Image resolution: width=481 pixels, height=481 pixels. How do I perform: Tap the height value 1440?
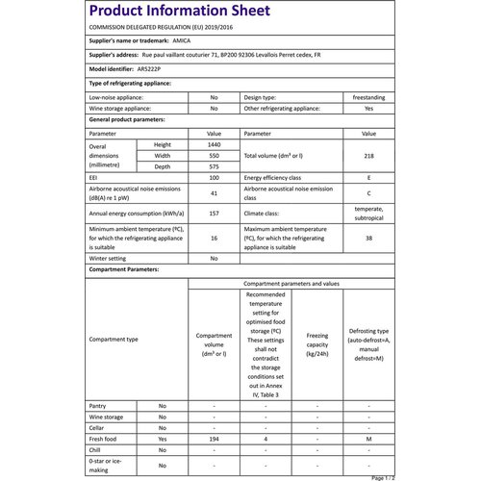click(214, 143)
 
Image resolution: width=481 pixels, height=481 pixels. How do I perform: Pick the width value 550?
click(214, 155)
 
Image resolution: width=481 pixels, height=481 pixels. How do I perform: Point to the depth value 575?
click(214, 166)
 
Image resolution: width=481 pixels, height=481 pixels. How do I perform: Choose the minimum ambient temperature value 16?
click(214, 238)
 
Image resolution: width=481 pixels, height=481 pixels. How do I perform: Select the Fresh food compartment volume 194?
click(214, 439)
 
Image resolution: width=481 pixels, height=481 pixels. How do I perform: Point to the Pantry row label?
click(97, 406)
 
